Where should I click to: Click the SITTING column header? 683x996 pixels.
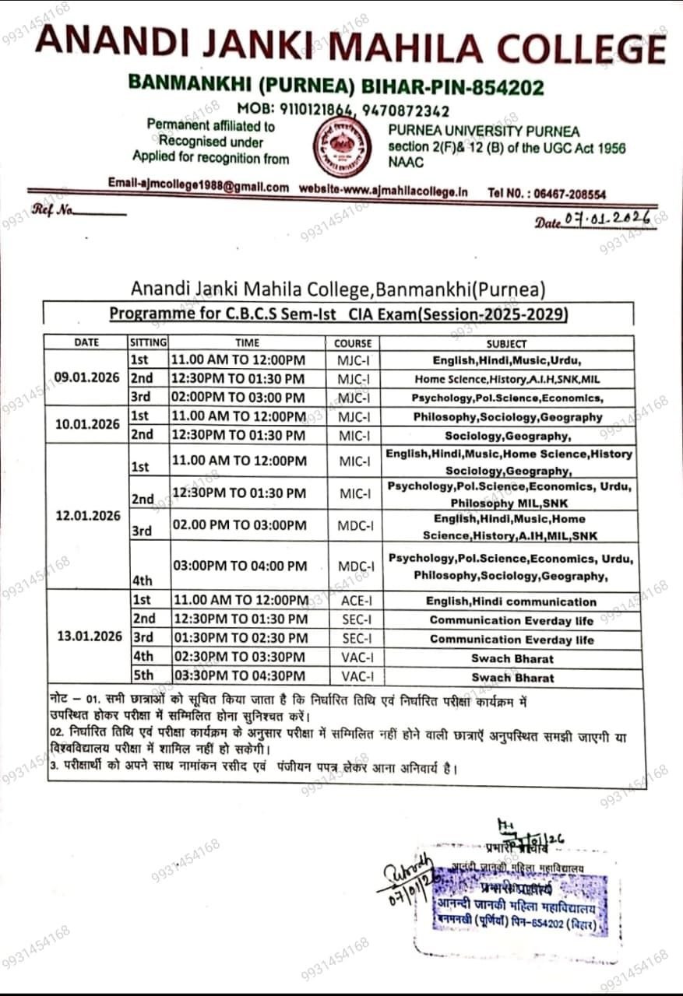click(148, 342)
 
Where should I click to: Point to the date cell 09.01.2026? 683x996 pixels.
click(86, 377)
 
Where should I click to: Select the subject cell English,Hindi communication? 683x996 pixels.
click(511, 601)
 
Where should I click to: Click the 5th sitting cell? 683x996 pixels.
click(143, 675)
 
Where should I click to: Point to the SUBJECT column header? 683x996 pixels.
click(506, 343)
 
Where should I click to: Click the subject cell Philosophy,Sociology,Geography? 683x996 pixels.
click(508, 417)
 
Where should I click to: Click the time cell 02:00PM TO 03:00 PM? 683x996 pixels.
click(238, 398)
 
